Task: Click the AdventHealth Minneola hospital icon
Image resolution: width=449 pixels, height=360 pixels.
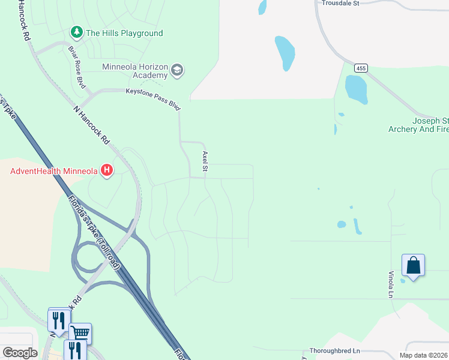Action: (x=107, y=171)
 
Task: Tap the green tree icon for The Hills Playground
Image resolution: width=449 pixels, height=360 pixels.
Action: (x=76, y=32)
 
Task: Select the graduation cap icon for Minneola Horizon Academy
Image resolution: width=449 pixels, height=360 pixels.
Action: (x=177, y=71)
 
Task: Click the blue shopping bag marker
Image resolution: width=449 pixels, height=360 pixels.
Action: (x=413, y=265)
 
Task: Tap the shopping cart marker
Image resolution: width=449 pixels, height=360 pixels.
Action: (x=80, y=333)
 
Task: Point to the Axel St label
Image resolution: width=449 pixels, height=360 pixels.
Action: (x=205, y=161)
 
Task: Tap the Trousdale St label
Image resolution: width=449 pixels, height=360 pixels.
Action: (x=340, y=3)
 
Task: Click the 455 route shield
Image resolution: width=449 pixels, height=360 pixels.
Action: (x=360, y=68)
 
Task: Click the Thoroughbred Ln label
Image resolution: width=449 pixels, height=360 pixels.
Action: (x=334, y=350)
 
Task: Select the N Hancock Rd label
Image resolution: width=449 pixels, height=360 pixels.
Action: (x=91, y=125)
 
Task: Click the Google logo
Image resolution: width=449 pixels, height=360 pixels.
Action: (x=20, y=353)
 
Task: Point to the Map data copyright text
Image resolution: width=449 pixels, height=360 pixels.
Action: (x=424, y=355)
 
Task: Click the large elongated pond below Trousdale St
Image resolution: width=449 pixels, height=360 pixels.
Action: (x=285, y=52)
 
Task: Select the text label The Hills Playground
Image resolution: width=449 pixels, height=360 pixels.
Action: (x=124, y=33)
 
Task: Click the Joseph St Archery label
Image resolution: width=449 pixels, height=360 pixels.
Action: (x=418, y=125)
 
